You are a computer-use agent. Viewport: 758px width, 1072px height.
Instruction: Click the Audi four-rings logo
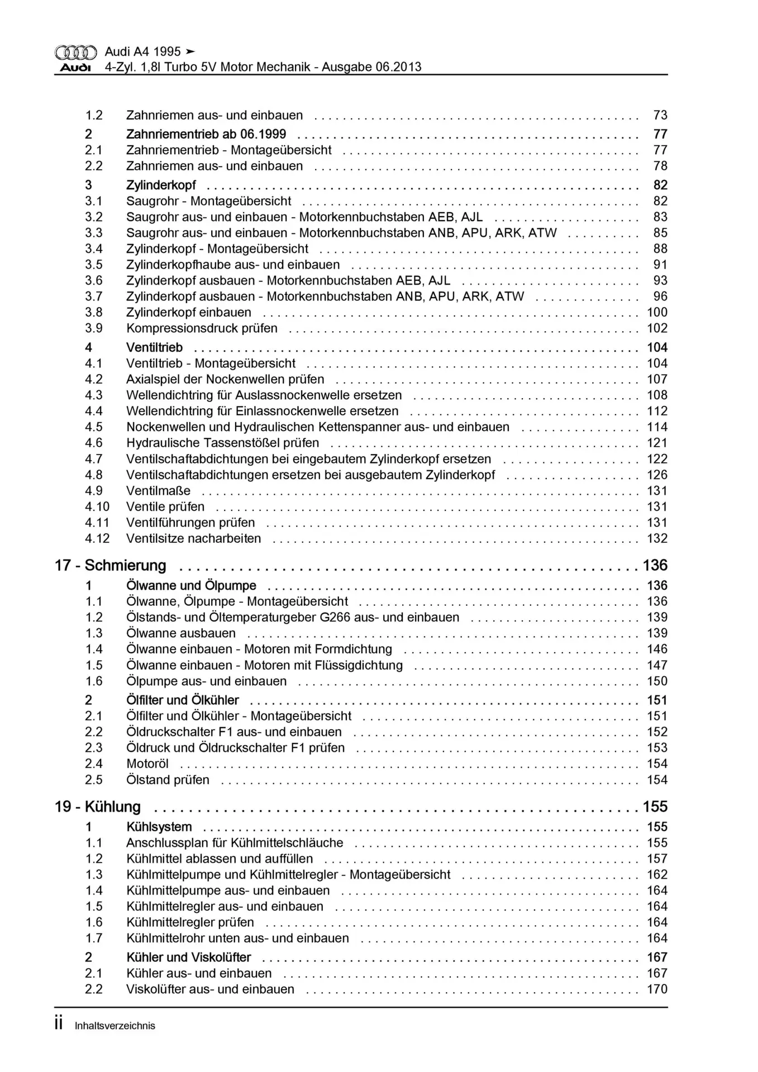(75, 52)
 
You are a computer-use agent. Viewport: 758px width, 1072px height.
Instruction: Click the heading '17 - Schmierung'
(110, 566)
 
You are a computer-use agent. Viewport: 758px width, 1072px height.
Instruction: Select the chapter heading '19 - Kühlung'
(97, 807)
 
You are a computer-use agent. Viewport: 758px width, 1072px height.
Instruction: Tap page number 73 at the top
(660, 116)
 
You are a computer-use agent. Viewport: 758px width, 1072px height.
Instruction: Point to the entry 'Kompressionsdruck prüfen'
(202, 328)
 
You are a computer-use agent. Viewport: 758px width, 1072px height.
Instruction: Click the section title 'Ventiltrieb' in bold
(154, 347)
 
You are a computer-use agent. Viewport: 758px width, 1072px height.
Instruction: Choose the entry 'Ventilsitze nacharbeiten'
(193, 539)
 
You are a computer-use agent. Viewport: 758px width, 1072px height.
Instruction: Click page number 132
(657, 539)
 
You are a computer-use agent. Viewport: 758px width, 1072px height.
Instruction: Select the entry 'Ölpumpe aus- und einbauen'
(206, 681)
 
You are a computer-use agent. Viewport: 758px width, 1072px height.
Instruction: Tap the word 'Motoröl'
(147, 764)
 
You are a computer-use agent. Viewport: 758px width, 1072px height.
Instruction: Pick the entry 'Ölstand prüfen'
(168, 780)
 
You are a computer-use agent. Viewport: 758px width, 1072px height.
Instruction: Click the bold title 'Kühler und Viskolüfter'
(188, 958)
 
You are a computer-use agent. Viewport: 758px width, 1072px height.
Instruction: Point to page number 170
(657, 989)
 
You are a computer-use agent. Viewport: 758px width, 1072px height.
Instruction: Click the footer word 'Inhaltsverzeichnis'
(115, 1026)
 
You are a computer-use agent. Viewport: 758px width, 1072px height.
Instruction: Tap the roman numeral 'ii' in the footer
(59, 1025)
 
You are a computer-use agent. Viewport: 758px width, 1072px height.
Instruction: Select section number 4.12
(97, 539)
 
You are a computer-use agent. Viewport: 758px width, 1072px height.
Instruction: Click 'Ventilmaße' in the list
(158, 491)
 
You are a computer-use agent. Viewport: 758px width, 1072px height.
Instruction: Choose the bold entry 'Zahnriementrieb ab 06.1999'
(206, 135)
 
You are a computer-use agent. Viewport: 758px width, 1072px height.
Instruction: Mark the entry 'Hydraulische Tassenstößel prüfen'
(222, 443)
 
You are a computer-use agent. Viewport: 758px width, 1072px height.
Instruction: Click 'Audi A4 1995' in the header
(142, 52)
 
